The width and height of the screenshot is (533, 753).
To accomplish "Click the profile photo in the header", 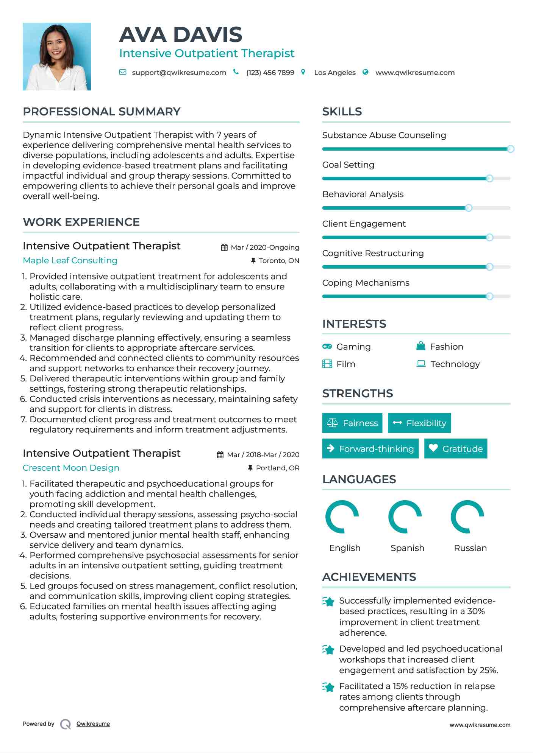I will click(57, 56).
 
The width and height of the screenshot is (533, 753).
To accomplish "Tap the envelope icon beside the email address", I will click(123, 72).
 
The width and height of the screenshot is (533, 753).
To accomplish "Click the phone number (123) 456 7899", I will click(270, 73).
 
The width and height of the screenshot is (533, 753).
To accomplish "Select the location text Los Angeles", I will click(335, 73).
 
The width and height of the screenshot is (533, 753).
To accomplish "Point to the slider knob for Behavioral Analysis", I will click(469, 208).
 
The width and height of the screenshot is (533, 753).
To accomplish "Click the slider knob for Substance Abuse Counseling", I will click(510, 149).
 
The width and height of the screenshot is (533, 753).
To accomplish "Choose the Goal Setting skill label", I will click(348, 165).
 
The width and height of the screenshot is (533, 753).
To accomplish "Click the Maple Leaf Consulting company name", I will click(70, 260).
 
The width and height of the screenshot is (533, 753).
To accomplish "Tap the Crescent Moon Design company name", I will click(71, 468).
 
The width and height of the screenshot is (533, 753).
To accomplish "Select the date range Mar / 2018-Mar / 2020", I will click(263, 455).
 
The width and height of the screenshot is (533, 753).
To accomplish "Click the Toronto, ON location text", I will click(279, 261).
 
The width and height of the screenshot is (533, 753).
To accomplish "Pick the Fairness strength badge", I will click(352, 423).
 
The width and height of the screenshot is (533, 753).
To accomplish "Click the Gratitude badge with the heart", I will click(456, 449).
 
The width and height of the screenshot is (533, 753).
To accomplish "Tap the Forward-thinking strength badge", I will click(370, 449).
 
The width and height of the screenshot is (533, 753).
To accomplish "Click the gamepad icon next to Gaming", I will click(327, 347).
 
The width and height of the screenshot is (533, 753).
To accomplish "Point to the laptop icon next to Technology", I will click(421, 364).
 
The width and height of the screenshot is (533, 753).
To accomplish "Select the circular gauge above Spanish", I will click(405, 517).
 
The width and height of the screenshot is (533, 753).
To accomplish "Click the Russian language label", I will click(470, 548).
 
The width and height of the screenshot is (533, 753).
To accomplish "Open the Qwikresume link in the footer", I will click(93, 724).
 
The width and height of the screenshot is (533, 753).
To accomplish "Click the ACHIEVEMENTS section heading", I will click(369, 577).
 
